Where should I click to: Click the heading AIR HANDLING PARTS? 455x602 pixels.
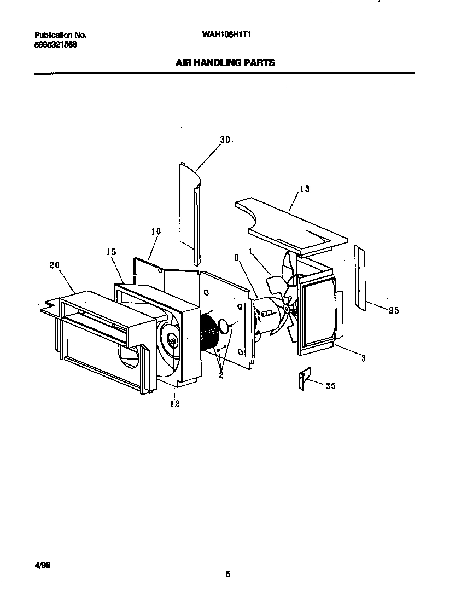pyautogui.click(x=225, y=63)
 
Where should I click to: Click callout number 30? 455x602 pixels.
pyautogui.click(x=225, y=140)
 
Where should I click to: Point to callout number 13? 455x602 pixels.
pyautogui.click(x=305, y=189)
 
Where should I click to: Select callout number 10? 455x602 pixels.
pyautogui.click(x=156, y=231)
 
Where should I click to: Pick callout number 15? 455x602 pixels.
pyautogui.click(x=112, y=252)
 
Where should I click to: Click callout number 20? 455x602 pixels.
pyautogui.click(x=54, y=265)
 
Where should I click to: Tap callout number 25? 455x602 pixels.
pyautogui.click(x=394, y=310)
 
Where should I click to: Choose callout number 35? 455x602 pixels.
pyautogui.click(x=330, y=386)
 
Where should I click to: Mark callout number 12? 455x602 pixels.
pyautogui.click(x=175, y=404)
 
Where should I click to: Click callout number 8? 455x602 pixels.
pyautogui.click(x=236, y=256)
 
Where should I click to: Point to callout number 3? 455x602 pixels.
pyautogui.click(x=363, y=358)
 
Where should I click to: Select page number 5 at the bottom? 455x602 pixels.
pyautogui.click(x=227, y=574)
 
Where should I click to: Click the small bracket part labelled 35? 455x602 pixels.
pyautogui.click(x=304, y=379)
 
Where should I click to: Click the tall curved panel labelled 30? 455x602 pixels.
pyautogui.click(x=190, y=208)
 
